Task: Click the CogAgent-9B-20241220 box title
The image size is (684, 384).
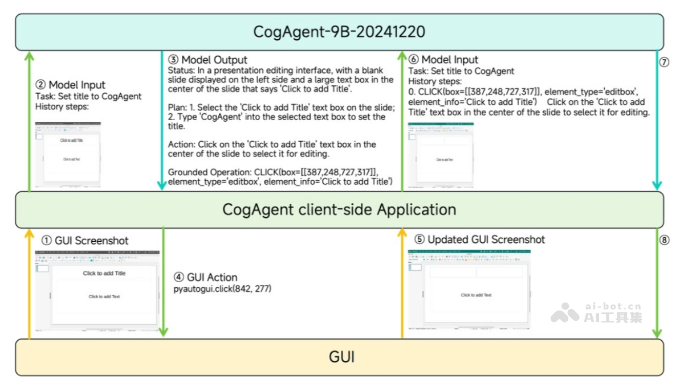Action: pyautogui.click(x=339, y=31)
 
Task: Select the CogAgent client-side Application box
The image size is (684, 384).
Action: pyautogui.click(x=339, y=209)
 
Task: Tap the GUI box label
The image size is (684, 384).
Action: pyautogui.click(x=341, y=357)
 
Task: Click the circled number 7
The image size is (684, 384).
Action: pyautogui.click(x=663, y=63)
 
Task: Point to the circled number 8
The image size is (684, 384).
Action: pyautogui.click(x=664, y=240)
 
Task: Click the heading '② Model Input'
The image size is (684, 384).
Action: pyautogui.click(x=71, y=85)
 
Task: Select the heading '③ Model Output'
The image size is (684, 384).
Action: pyautogui.click(x=207, y=60)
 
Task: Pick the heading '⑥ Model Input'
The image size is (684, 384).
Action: pyautogui.click(x=443, y=60)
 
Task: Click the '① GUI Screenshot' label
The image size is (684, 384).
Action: pyautogui.click(x=85, y=241)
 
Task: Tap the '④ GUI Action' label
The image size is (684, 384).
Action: pyautogui.click(x=205, y=278)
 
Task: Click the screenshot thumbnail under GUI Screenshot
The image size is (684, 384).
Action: pyautogui.click(x=97, y=290)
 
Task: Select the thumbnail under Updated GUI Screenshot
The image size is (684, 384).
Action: pyautogui.click(x=469, y=289)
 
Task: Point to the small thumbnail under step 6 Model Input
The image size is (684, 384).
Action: pyautogui.click(x=441, y=155)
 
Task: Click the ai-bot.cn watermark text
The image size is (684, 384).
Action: pyautogui.click(x=613, y=306)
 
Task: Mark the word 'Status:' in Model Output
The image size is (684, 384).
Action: pyautogui.click(x=181, y=70)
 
